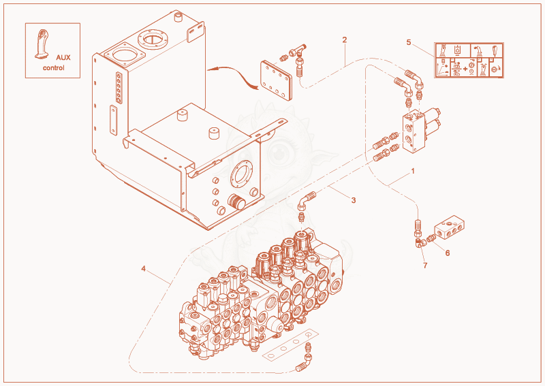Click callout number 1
pos(413,172)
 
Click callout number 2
pos(345,40)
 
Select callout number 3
pos(354,200)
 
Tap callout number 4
pos(144,269)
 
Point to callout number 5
pos(409,42)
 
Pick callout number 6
pos(448,253)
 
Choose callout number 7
pos(425,266)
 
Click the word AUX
pos(63,58)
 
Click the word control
pos(54,68)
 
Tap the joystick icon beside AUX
pos(42,44)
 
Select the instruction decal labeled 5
pos(469,60)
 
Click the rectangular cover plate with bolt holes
pos(277,80)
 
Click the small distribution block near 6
pos(450,228)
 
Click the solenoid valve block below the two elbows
pos(420,130)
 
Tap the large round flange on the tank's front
pos(242,174)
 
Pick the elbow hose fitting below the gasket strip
pos(305,361)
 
